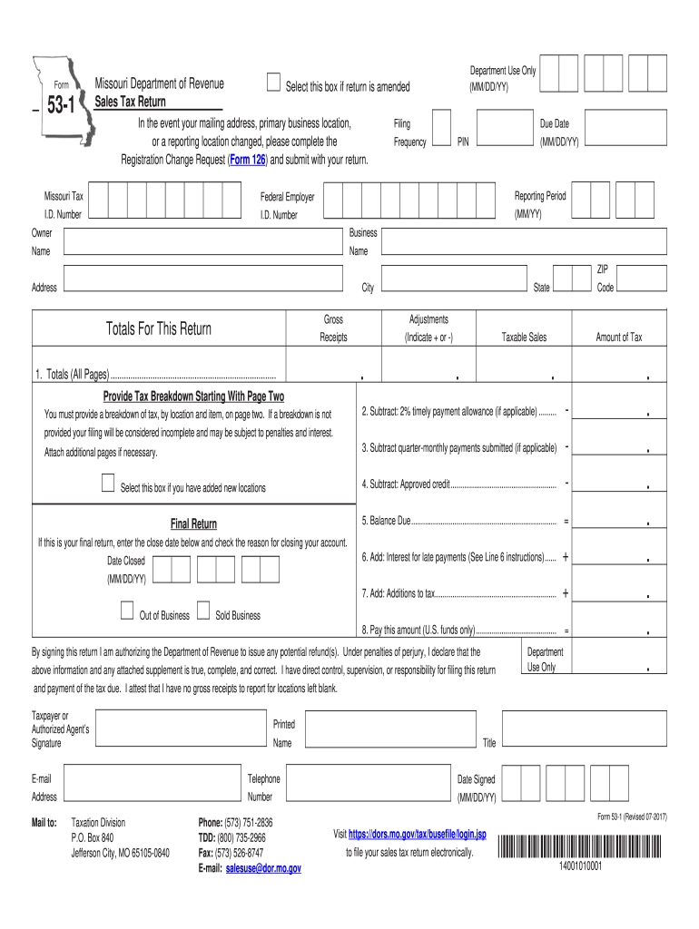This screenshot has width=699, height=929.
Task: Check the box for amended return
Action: [x=274, y=83]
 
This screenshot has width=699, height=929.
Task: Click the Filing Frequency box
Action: [x=440, y=128]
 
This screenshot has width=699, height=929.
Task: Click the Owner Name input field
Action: [x=202, y=242]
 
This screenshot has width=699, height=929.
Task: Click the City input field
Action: [x=453, y=278]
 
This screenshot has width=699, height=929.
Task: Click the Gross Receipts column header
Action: [x=333, y=328]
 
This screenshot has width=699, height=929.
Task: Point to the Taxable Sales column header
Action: [x=525, y=337]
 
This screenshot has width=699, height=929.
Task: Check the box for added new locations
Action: [x=109, y=482]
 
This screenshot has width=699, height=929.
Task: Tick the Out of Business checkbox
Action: [x=128, y=610]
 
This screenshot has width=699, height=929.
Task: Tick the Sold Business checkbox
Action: [x=204, y=610]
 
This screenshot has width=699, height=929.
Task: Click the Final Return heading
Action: [x=193, y=524]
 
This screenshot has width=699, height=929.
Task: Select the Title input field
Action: [x=586, y=729]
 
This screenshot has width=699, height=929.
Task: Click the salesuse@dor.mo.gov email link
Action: [x=263, y=868]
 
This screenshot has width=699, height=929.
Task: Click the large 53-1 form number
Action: [x=61, y=107]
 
